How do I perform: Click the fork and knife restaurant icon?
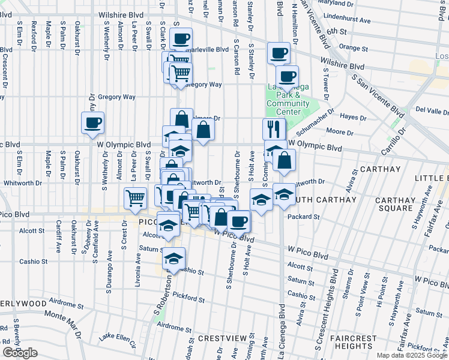[x=273, y=128]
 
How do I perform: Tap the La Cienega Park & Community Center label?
[x=288, y=99]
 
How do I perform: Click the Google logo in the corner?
[x=20, y=353]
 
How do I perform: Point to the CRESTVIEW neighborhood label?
[x=220, y=338]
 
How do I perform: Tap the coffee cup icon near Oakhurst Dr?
[x=93, y=124]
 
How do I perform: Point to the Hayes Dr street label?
[x=353, y=118]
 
